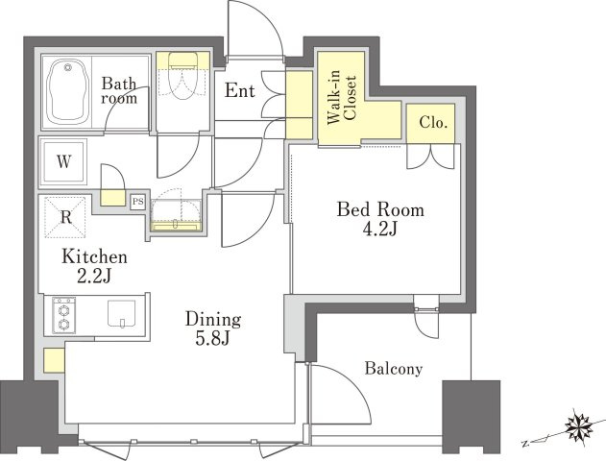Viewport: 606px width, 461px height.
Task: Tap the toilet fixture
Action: (x=183, y=76)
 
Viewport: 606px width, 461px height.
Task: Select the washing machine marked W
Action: (x=63, y=161)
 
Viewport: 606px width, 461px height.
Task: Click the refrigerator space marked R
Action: (x=65, y=217)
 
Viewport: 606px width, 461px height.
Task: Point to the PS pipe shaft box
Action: (x=137, y=202)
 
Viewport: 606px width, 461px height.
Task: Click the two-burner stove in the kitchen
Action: (x=63, y=315)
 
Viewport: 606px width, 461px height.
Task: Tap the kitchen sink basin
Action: (x=121, y=313)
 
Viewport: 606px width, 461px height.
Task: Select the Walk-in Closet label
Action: (x=341, y=97)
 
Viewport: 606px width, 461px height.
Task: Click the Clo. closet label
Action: (x=433, y=123)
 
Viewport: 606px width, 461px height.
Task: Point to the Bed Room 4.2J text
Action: (x=380, y=219)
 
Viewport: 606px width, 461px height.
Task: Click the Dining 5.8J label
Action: (x=213, y=328)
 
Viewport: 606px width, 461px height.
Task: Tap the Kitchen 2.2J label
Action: (x=94, y=266)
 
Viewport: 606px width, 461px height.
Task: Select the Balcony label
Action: (x=394, y=369)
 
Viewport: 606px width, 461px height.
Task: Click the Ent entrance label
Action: (x=240, y=90)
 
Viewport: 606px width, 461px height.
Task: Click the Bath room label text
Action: (x=119, y=91)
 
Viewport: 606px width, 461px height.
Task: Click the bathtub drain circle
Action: (x=68, y=67)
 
